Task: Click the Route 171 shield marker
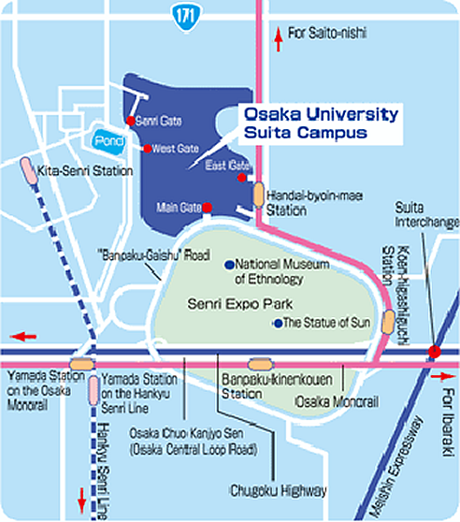(187, 17)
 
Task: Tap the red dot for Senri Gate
(130, 121)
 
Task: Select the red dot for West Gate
(148, 149)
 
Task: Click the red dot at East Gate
(242, 178)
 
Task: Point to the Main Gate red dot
(208, 208)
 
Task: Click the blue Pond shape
(108, 142)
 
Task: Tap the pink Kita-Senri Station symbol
(29, 170)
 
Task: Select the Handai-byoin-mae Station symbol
(258, 195)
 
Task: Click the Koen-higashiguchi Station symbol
(388, 321)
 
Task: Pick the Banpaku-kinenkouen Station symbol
(261, 364)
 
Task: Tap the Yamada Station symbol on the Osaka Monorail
(82, 364)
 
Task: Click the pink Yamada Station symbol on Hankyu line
(93, 390)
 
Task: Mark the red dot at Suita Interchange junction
(434, 352)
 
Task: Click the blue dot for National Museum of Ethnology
(229, 265)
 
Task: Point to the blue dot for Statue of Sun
(278, 323)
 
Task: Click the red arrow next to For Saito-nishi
(279, 39)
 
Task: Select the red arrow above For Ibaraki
(443, 376)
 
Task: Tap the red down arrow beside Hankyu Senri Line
(82, 500)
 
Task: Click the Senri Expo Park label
(239, 304)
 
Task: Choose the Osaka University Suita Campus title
(321, 123)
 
